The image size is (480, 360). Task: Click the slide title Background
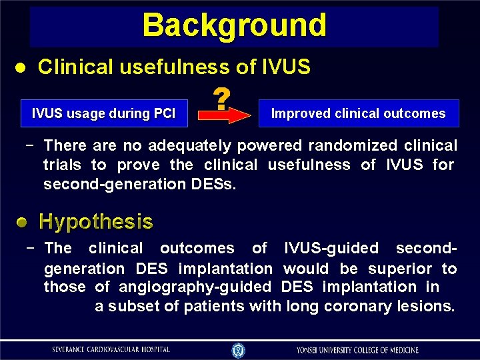tap(234, 25)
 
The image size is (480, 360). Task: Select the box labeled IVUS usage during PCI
tap(104, 113)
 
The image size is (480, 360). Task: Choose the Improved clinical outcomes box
tap(358, 113)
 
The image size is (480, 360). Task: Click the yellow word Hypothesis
tap(96, 222)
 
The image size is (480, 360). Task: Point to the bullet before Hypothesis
tap(23, 222)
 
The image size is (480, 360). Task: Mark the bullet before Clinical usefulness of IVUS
tap(21, 67)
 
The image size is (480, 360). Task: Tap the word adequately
tap(190, 145)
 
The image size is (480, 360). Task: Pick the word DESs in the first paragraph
tap(211, 183)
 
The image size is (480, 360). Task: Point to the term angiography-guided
tap(195, 287)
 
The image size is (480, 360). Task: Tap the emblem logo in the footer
tap(239, 349)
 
